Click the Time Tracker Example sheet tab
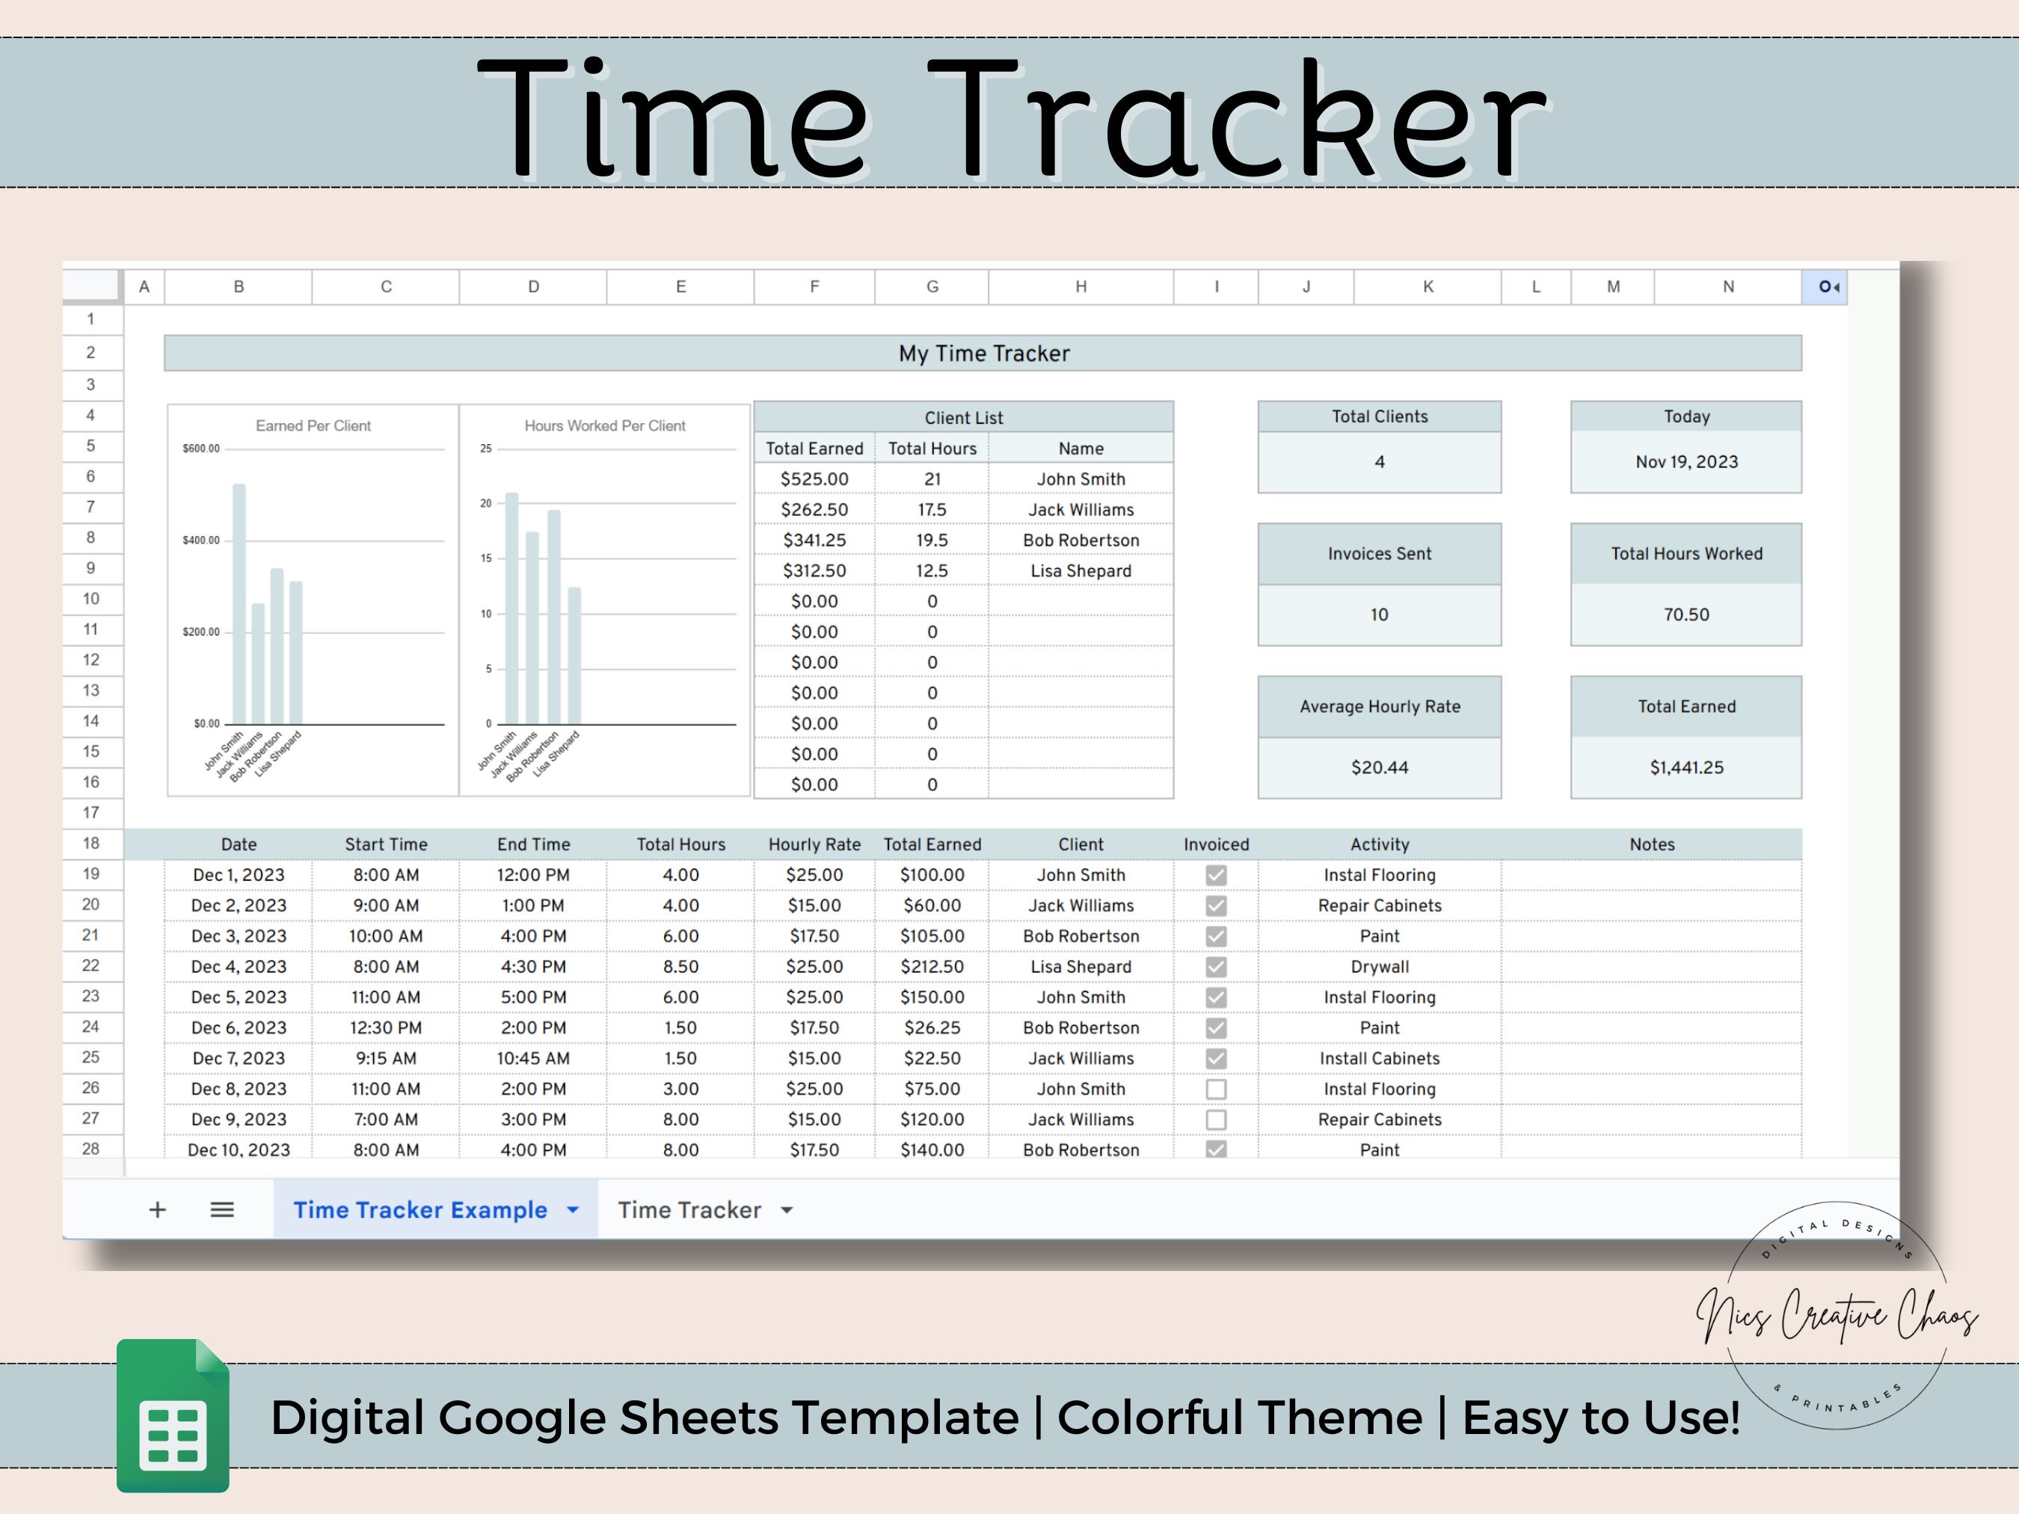[420, 1210]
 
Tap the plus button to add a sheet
[157, 1210]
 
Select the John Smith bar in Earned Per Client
[239, 603]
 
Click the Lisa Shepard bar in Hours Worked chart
[574, 655]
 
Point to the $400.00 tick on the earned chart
[201, 541]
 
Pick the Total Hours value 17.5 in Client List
[932, 509]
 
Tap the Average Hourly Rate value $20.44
[1379, 768]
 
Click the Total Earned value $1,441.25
[1685, 768]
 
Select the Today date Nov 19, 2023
[1685, 462]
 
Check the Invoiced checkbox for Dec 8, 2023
[1216, 1089]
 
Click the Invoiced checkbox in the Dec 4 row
[1216, 967]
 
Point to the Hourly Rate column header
[814, 844]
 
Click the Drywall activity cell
[1379, 967]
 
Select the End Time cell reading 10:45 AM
[533, 1059]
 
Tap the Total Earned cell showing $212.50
[932, 967]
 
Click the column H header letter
[1081, 286]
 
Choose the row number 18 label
[90, 843]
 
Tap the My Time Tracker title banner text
[983, 353]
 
